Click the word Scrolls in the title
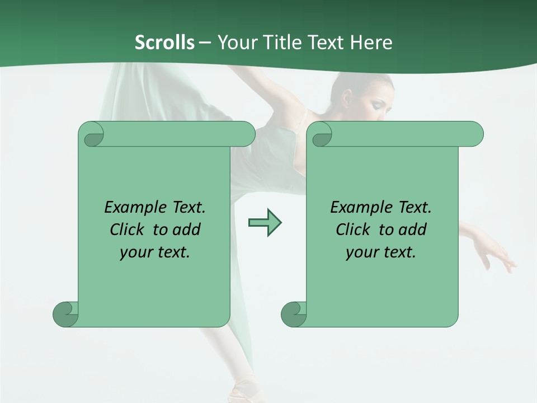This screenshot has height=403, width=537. point(164,43)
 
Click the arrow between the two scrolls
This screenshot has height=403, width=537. point(265,223)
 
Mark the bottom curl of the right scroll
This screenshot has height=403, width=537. point(294,314)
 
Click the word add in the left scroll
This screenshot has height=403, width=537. point(187,229)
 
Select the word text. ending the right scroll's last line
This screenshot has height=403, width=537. point(397,252)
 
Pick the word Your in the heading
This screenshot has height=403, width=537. point(235,43)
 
